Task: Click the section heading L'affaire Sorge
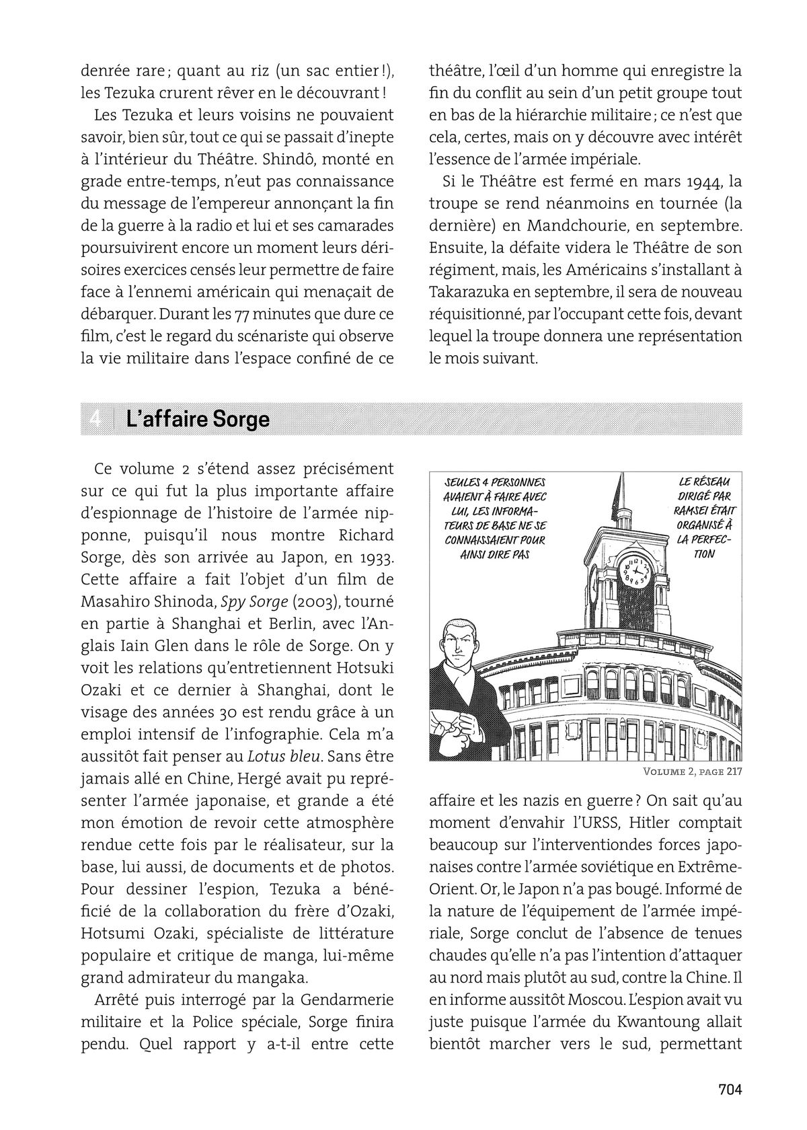click(198, 419)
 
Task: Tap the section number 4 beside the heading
click(95, 419)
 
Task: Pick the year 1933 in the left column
click(376, 556)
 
